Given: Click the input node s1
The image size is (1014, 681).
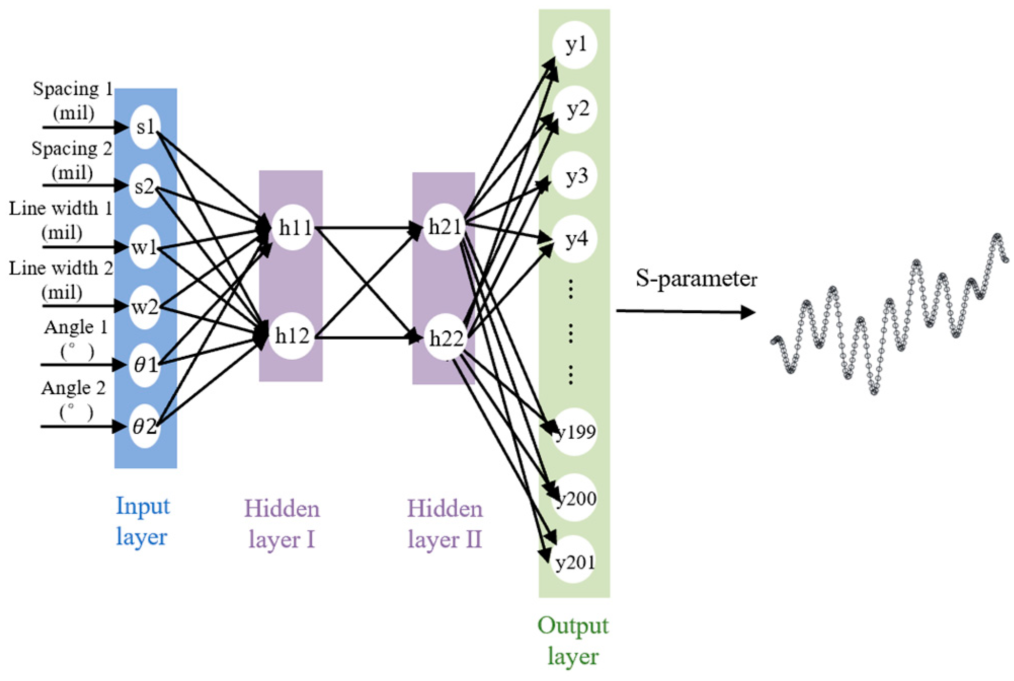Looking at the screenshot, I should click(x=145, y=127).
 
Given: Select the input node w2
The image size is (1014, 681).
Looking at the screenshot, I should click(x=145, y=307).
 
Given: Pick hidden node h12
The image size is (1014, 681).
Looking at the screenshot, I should click(x=293, y=336).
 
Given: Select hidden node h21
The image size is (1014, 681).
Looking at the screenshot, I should click(x=445, y=228).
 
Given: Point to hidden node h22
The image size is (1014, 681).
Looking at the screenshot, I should click(x=446, y=338).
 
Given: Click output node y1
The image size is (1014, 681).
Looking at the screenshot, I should click(x=575, y=45).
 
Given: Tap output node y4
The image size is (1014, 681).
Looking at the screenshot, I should click(x=575, y=239).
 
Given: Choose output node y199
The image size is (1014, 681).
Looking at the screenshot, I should click(x=575, y=432).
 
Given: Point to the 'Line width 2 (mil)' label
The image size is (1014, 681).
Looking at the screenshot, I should click(x=61, y=280).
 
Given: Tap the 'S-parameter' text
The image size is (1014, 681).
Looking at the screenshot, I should click(x=696, y=278).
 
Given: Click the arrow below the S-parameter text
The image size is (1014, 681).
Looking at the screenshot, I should click(x=685, y=312).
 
